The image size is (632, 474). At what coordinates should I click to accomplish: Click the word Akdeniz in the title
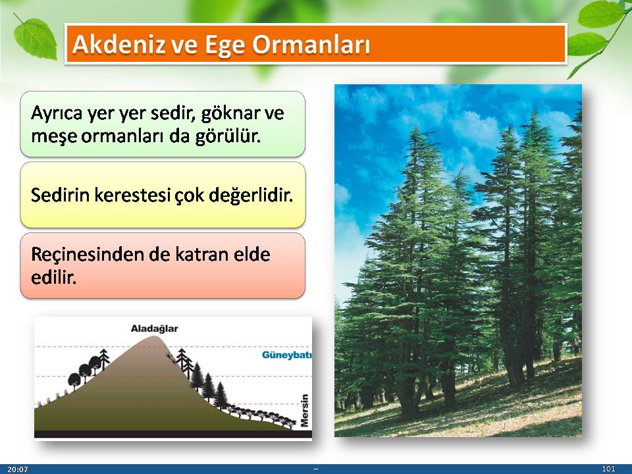tap(118, 44)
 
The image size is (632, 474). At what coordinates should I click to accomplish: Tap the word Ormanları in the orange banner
tap(311, 44)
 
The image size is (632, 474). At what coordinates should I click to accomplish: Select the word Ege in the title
tap(225, 45)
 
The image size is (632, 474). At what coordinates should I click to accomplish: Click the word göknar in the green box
tap(229, 114)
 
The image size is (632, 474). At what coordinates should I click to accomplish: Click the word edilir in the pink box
tap(53, 278)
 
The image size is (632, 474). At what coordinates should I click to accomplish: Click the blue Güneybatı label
tap(286, 355)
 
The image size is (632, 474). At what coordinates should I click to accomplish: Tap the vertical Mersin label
tap(304, 410)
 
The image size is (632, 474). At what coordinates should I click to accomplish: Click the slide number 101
tap(608, 469)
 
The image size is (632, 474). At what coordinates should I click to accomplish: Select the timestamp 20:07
tap(18, 469)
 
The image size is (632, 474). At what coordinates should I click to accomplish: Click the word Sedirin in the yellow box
tap(60, 196)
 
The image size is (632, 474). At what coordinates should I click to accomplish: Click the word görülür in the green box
tap(228, 137)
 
